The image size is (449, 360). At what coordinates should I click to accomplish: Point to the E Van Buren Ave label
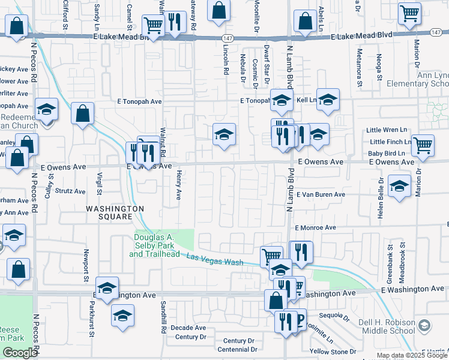point(320,194)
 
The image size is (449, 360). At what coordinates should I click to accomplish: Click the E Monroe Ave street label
point(316,228)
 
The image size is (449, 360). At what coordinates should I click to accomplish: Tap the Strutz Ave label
point(70,191)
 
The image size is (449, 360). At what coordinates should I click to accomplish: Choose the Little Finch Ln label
point(391,142)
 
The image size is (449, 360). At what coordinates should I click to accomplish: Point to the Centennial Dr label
point(237,349)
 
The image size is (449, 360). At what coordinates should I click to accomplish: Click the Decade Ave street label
point(188,328)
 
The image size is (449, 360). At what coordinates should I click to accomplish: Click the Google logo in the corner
point(20,353)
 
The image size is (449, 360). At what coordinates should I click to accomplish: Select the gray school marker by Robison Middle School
point(424,326)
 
